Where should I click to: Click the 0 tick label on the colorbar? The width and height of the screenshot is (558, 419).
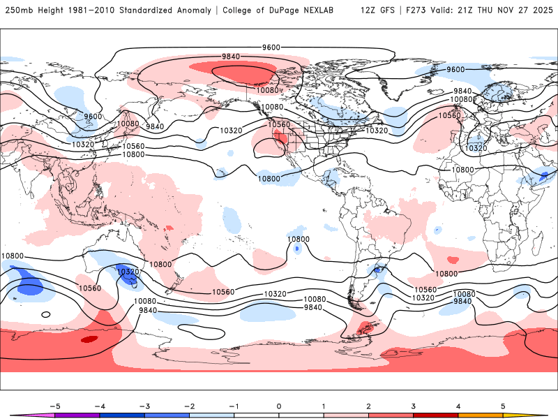pos(279,405)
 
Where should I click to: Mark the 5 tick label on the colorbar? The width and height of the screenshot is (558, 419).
pos(503,405)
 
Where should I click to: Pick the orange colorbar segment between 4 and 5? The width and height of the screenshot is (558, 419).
pos(481,416)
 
